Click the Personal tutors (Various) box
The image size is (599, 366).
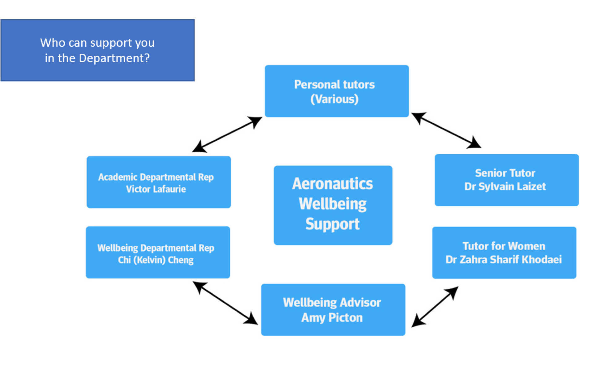(337, 91)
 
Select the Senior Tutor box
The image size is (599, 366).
(506, 180)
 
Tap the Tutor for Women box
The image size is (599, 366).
(504, 253)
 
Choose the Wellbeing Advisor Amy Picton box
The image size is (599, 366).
(333, 309)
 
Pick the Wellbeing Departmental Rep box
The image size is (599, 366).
(158, 252)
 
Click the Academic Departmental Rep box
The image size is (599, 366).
(159, 182)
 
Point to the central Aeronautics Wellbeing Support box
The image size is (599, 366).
(333, 205)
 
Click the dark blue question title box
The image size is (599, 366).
(98, 50)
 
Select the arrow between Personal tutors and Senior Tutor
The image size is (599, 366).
(446, 130)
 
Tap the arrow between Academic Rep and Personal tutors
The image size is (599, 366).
(227, 134)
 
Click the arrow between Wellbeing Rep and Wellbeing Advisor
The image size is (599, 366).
(225, 303)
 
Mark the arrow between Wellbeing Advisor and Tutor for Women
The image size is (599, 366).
(435, 307)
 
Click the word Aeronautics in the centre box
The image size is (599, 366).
(332, 184)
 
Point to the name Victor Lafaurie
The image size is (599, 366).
(156, 189)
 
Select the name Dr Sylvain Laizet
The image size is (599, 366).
(505, 186)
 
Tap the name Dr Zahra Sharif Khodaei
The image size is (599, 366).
(504, 259)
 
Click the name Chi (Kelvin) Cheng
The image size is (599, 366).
(155, 260)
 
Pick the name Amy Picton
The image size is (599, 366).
(332, 317)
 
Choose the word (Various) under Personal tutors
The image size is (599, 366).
(334, 99)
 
